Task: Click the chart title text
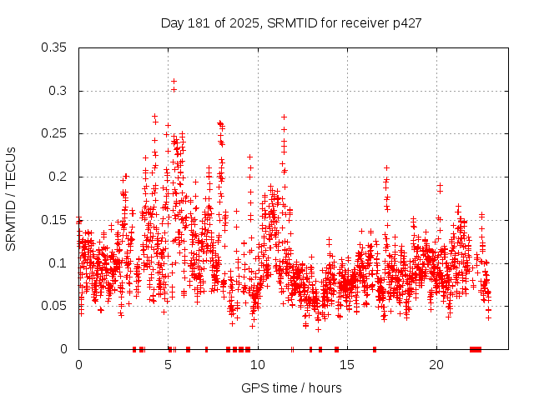(291, 22)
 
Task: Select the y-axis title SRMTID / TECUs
(11, 198)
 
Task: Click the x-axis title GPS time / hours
(291, 387)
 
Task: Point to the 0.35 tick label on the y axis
(56, 47)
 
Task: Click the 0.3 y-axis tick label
(59, 91)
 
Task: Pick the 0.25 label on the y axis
(56, 133)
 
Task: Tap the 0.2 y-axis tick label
(59, 177)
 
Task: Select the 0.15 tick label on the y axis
(56, 220)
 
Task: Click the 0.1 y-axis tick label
(59, 262)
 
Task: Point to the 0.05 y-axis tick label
(56, 306)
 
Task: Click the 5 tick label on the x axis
(169, 365)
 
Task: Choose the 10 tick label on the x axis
(258, 365)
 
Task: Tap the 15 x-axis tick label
(347, 365)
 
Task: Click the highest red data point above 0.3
(174, 82)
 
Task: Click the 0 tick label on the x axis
(78, 365)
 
